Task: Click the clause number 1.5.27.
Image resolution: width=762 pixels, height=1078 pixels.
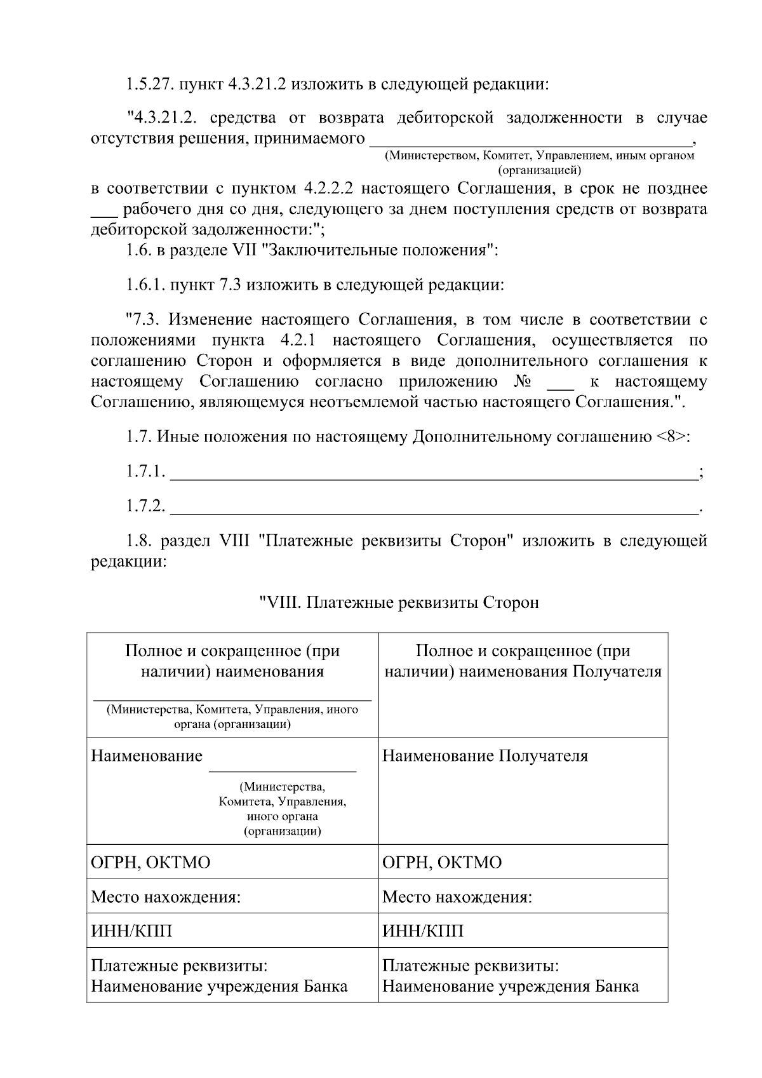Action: point(149,84)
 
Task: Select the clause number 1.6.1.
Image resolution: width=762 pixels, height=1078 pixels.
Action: point(145,285)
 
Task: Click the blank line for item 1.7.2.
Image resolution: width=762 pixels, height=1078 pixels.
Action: point(434,512)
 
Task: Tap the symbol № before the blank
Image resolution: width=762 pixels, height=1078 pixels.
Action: point(521,382)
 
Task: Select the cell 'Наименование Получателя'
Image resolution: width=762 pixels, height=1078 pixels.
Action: point(485,756)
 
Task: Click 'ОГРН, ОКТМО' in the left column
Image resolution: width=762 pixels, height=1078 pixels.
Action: point(150,863)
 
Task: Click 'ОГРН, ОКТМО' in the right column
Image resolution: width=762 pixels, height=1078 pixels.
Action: point(442,863)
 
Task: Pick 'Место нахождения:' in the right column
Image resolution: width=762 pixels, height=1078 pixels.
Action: point(457,898)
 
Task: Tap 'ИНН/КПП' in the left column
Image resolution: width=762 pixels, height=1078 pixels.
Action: point(131,931)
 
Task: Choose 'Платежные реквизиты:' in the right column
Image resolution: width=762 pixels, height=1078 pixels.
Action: point(470,966)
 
